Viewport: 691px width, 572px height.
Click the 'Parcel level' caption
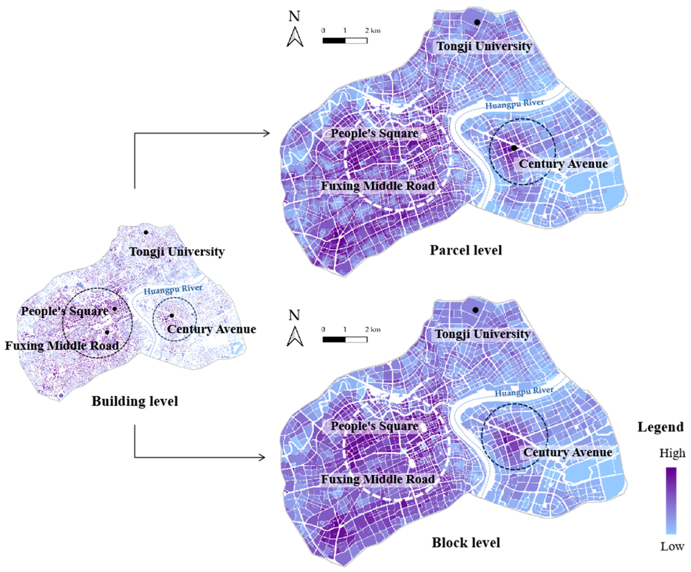click(x=466, y=250)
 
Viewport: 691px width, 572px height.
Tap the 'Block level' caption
click(x=466, y=542)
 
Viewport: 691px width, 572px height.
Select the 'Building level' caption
click(x=135, y=401)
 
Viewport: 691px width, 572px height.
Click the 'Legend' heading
click(x=660, y=427)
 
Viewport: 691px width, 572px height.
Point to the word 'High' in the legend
click(x=672, y=453)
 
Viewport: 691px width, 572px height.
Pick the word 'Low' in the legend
click(x=672, y=546)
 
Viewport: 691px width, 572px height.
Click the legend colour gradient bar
click(x=671, y=500)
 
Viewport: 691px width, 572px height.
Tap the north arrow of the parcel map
click(x=295, y=37)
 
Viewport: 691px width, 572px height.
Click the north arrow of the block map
click(x=295, y=336)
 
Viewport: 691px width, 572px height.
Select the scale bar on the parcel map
click(x=345, y=40)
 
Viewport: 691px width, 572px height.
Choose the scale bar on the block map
click(x=345, y=339)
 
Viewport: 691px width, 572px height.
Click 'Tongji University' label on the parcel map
click(x=484, y=46)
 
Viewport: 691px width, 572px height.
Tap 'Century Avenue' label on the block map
click(x=568, y=452)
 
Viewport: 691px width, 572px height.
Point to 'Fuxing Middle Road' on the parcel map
click(x=378, y=186)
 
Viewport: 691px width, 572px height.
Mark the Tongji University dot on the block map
click(x=475, y=310)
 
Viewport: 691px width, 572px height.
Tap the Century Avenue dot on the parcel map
click(x=514, y=148)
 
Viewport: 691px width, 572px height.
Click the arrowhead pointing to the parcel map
click(x=266, y=133)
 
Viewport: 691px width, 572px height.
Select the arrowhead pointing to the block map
click(x=262, y=457)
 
